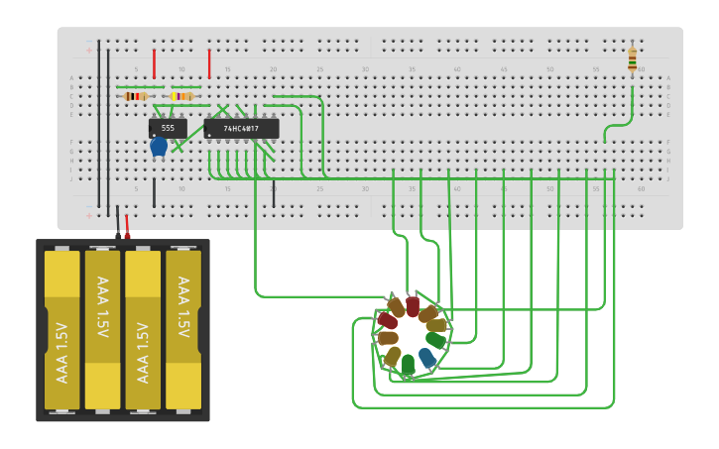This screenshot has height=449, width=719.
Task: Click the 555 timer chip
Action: [168, 128]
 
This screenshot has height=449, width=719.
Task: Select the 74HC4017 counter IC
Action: [241, 129]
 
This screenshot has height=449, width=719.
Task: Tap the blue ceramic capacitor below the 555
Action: [158, 147]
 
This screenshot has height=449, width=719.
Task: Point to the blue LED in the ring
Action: [427, 357]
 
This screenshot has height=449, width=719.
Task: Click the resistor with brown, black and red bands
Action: [137, 96]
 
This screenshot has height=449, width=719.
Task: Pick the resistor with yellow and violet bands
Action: [181, 96]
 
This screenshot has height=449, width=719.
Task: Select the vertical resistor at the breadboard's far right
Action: [633, 59]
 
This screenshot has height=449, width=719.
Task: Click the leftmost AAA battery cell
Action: [61, 330]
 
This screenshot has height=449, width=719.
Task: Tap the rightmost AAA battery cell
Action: [183, 330]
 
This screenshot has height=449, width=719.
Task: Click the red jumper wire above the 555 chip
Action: [154, 63]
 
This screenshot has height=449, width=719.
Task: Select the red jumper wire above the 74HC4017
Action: [209, 63]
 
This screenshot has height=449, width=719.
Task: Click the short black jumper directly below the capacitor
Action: [154, 192]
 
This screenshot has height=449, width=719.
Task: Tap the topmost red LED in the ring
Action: [413, 306]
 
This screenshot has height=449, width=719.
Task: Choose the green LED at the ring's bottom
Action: [408, 365]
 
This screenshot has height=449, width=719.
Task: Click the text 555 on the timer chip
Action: [168, 128]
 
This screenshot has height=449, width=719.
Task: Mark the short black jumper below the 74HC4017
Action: [274, 193]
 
